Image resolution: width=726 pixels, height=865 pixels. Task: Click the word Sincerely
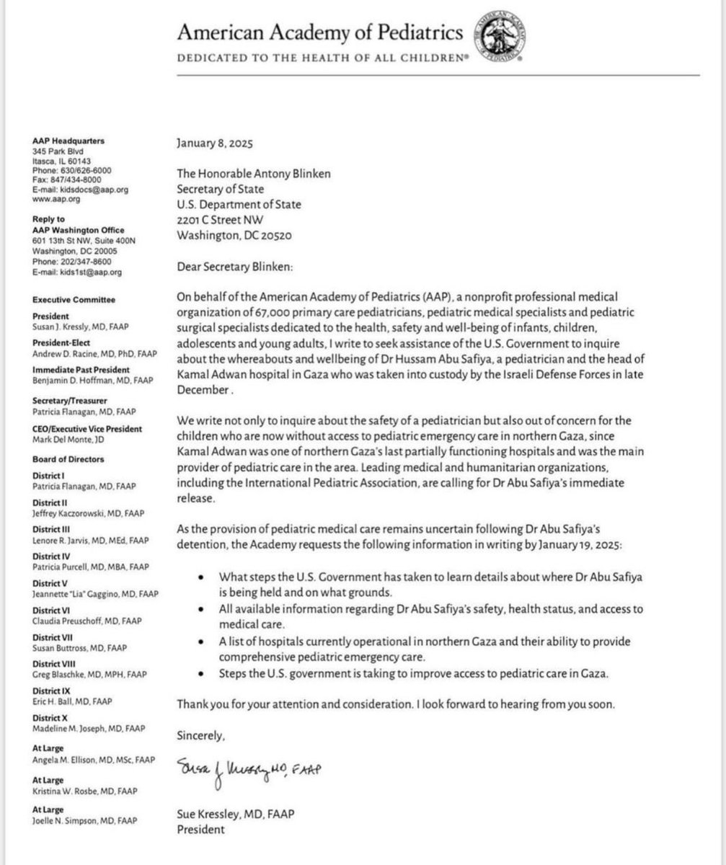pyautogui.click(x=201, y=736)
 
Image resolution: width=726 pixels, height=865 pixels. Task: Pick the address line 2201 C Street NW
pyautogui.click(x=223, y=220)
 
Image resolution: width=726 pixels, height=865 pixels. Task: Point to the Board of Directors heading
pyautogui.click(x=68, y=459)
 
